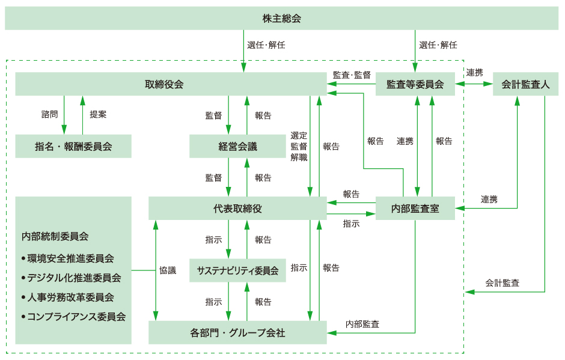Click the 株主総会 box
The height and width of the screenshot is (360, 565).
click(281, 19)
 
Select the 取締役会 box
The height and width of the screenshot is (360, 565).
click(163, 84)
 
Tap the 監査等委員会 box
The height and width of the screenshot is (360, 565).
click(415, 84)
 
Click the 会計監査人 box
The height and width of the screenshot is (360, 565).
click(525, 84)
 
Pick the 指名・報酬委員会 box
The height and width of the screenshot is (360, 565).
click(73, 146)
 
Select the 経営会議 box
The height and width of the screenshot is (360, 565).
click(237, 146)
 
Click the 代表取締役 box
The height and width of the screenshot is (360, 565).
click(237, 209)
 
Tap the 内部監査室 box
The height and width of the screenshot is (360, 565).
click(415, 209)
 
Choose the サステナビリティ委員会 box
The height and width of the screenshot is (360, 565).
click(237, 270)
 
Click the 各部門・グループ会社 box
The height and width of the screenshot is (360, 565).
click(237, 332)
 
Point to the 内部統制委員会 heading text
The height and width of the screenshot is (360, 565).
click(55, 236)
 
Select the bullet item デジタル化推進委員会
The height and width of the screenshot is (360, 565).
click(74, 278)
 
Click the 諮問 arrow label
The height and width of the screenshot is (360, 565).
click(49, 114)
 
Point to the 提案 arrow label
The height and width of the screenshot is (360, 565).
click(98, 114)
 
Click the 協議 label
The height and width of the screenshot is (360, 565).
click(168, 270)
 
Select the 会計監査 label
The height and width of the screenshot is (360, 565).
click(502, 282)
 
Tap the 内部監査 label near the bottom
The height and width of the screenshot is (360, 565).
click(362, 324)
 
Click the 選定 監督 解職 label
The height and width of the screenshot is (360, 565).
click(299, 146)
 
